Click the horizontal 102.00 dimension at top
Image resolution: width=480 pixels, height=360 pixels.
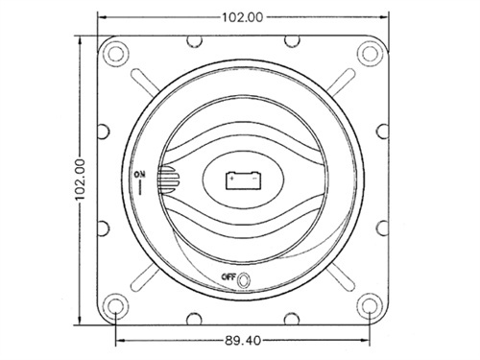point(243,17)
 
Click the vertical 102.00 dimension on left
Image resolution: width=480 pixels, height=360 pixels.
point(81,180)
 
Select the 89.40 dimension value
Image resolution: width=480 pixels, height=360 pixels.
point(243,341)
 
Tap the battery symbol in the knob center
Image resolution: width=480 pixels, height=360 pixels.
point(244,180)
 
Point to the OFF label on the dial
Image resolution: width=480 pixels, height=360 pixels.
point(228,277)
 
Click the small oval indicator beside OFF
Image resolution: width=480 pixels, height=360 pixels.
point(244,280)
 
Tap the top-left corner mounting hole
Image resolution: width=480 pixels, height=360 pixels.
point(116,53)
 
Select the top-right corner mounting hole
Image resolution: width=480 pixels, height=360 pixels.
point(370,53)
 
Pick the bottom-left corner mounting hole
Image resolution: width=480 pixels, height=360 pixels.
point(116,306)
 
